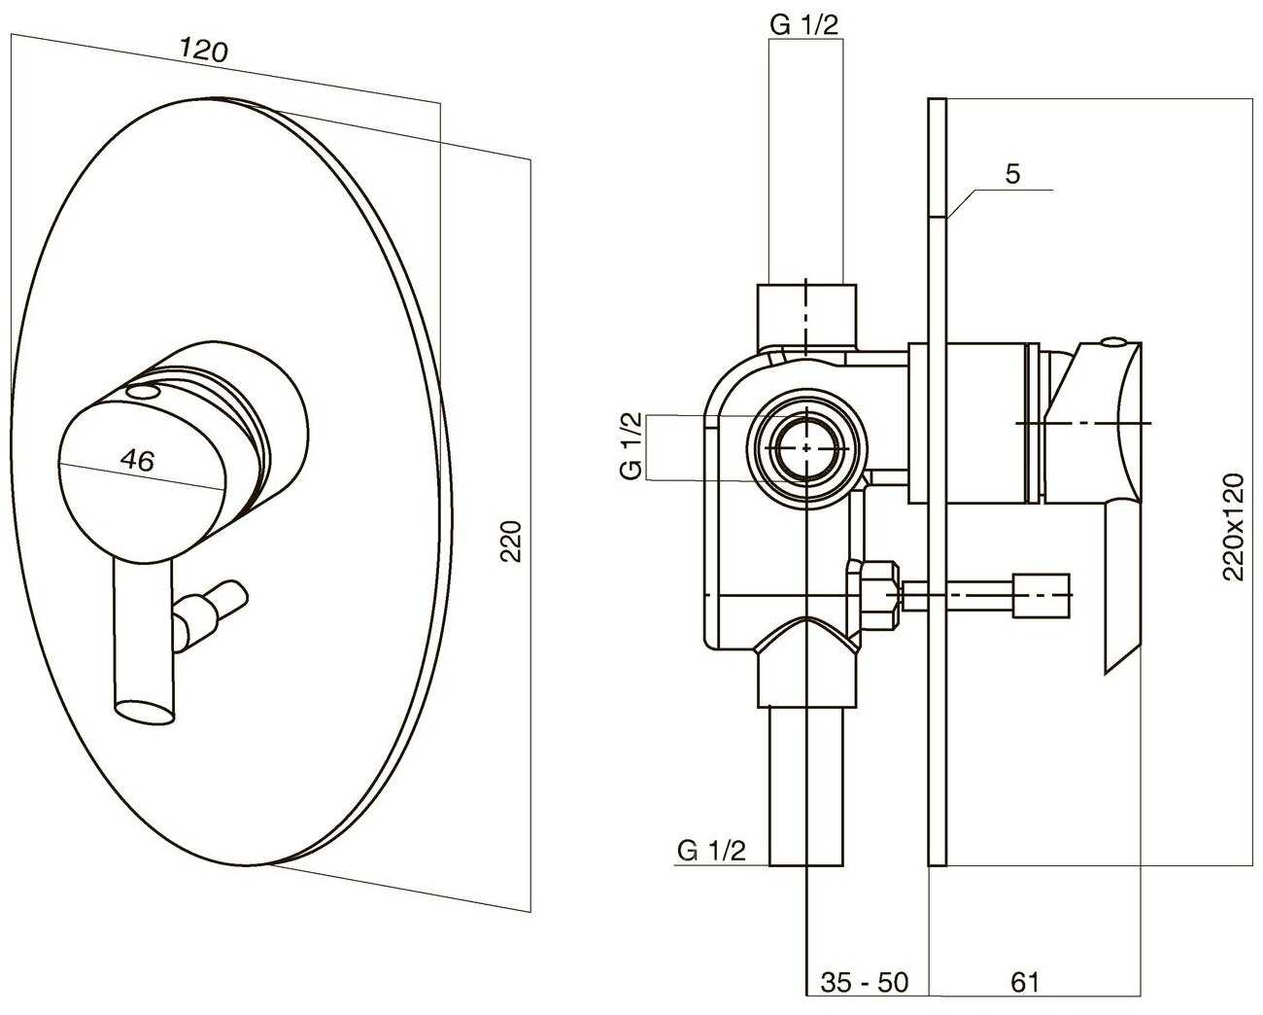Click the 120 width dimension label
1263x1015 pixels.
point(203,50)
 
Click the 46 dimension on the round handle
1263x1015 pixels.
point(140,460)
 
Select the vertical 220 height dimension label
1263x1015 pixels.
point(512,542)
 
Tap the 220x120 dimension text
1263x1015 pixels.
point(1233,526)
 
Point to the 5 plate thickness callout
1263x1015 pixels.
point(1012,174)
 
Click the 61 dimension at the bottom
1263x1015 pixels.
point(1024,982)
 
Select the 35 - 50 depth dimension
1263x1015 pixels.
point(864,982)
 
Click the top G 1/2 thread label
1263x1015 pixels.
point(803,24)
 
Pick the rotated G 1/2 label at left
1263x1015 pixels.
point(631,446)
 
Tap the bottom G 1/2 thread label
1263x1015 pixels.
point(711,851)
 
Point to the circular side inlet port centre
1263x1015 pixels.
point(806,448)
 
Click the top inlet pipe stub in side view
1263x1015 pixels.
point(806,313)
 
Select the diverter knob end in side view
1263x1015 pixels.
point(1041,594)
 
